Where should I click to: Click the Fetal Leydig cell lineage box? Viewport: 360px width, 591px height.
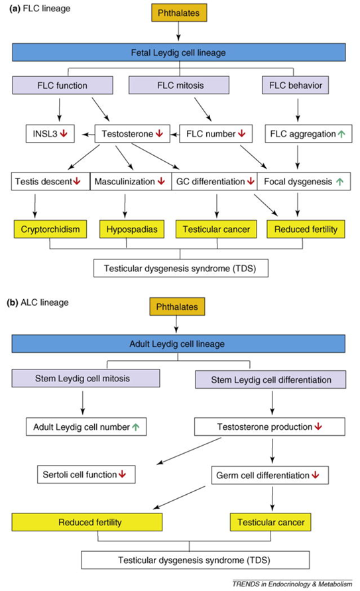[179, 52]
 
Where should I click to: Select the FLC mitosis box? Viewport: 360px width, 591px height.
[179, 85]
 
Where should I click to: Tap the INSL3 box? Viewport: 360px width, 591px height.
[50, 134]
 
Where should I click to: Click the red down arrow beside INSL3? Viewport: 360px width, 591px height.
[64, 133]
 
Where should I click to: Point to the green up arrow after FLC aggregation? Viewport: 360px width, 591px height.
[341, 134]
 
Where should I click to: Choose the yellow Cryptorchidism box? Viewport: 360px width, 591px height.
[50, 229]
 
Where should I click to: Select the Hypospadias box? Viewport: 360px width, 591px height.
[132, 229]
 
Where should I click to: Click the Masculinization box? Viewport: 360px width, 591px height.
[131, 181]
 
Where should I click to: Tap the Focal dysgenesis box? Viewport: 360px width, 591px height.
[304, 181]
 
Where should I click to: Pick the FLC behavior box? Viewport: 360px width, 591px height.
[295, 85]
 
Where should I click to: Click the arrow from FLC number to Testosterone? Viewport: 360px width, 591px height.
[175, 134]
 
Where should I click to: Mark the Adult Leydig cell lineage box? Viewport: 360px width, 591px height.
[178, 344]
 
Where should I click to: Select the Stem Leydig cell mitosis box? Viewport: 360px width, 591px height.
[86, 379]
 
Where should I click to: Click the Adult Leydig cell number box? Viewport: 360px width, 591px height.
[86, 427]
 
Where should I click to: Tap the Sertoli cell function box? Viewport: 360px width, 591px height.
[86, 474]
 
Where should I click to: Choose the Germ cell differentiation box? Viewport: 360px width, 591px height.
[270, 476]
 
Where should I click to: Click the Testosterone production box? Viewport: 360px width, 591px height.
[270, 427]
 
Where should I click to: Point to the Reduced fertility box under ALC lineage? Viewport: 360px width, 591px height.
[87, 522]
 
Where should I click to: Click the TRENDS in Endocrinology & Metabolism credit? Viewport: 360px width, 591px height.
[292, 584]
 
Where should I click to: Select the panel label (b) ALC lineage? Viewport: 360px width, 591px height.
[38, 302]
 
